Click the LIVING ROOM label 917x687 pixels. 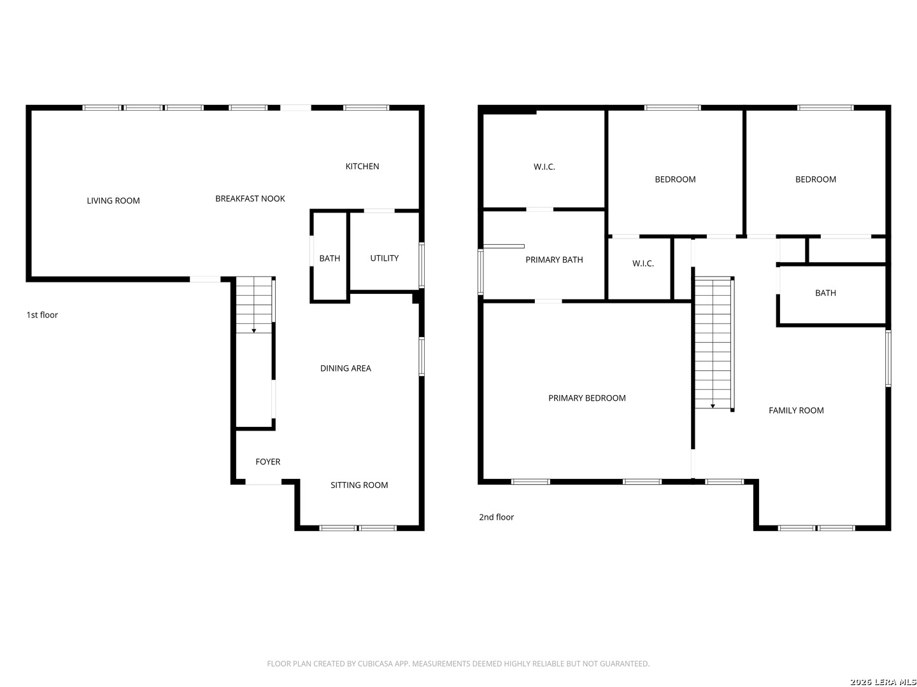113,200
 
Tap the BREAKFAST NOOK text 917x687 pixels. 250,198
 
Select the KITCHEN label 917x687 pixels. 362,167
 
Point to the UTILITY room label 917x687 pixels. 385,258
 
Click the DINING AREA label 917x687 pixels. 346,368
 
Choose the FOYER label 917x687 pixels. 268,462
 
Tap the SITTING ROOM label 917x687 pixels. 359,485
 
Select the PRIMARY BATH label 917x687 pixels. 554,260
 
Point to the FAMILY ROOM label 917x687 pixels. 796,410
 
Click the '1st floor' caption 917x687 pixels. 42,315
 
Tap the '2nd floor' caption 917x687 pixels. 496,517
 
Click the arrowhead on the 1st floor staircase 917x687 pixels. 253,331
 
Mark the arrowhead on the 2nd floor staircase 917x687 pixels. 713,406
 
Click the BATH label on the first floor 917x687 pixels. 330,259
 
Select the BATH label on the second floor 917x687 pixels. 825,293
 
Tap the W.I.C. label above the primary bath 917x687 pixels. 544,167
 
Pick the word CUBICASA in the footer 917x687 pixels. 375,663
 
